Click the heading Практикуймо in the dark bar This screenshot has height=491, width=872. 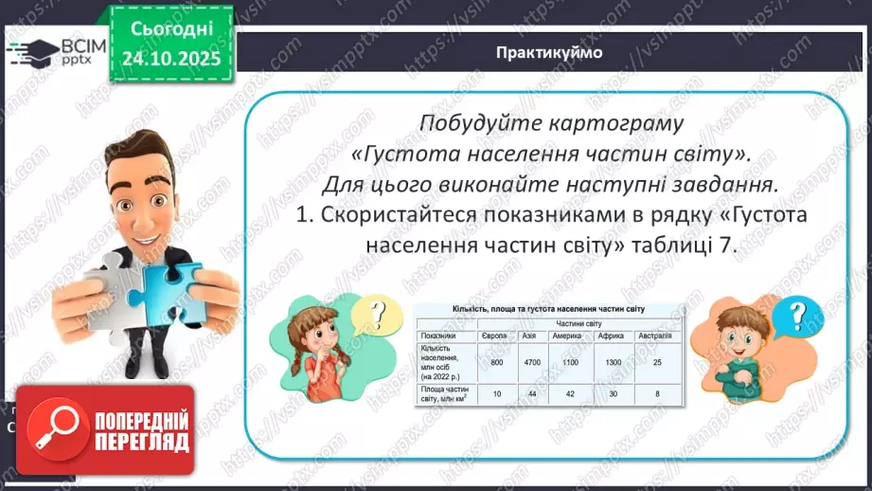[x=549, y=53]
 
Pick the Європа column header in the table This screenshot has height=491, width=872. [x=504, y=336]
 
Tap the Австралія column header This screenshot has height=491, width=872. [x=653, y=336]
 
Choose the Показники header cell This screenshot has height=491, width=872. [x=440, y=336]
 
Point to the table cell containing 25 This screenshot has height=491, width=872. [x=653, y=362]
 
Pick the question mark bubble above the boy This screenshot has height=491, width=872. [x=800, y=313]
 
